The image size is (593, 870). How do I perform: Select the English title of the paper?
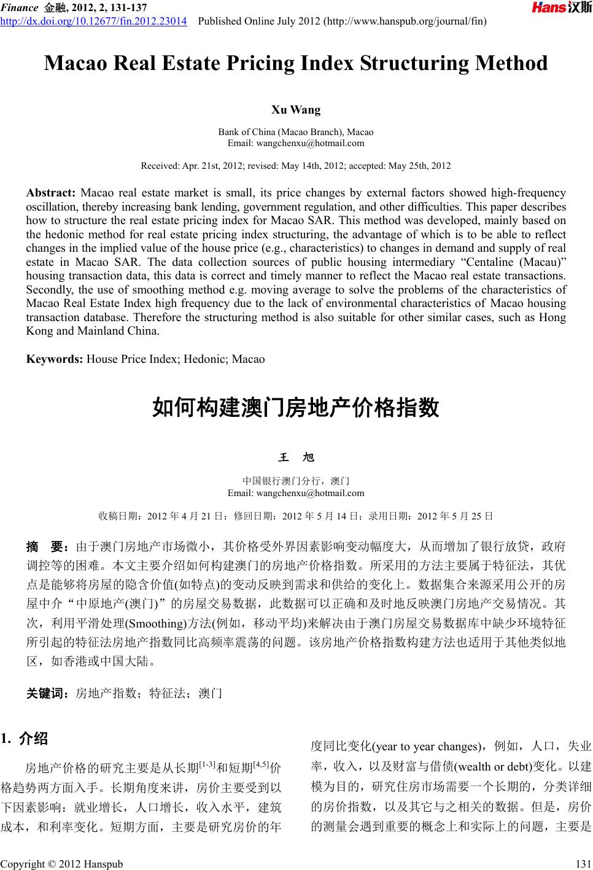point(296,63)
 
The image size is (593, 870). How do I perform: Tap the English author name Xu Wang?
point(296,110)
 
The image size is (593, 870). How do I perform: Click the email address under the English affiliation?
point(296,143)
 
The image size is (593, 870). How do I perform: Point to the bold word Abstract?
point(51,193)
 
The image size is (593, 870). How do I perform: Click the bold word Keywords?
point(55,359)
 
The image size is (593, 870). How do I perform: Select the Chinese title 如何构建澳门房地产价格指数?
point(296,408)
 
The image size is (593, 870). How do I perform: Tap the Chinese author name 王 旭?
point(296,457)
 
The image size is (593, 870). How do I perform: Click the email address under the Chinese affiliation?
point(296,492)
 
